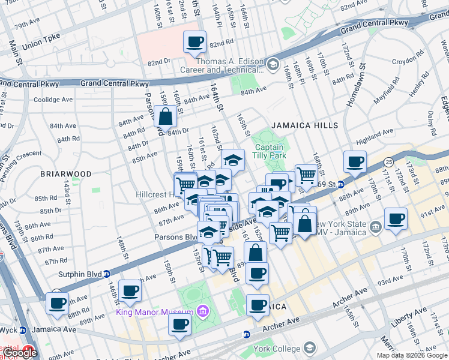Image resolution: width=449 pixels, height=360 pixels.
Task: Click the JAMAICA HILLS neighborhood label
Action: (x=304, y=125)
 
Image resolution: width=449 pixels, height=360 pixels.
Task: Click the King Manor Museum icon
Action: (x=203, y=311)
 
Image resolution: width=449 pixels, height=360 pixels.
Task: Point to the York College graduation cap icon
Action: (x=310, y=348)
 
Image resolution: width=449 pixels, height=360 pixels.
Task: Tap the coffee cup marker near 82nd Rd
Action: (x=195, y=43)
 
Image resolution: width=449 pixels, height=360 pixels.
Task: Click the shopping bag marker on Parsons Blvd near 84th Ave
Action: (x=165, y=117)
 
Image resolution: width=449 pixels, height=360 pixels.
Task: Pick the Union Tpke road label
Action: (x=43, y=46)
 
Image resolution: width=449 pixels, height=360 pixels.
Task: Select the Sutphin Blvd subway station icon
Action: (x=107, y=274)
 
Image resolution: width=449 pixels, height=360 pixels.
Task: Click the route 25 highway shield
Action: (x=389, y=162)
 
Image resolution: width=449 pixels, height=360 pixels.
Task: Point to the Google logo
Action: (x=21, y=353)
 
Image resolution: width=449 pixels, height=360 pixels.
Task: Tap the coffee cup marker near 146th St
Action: (x=130, y=291)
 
